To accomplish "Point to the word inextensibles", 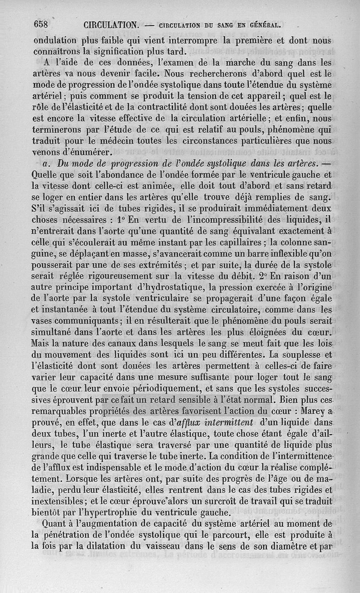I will pos(62,500).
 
